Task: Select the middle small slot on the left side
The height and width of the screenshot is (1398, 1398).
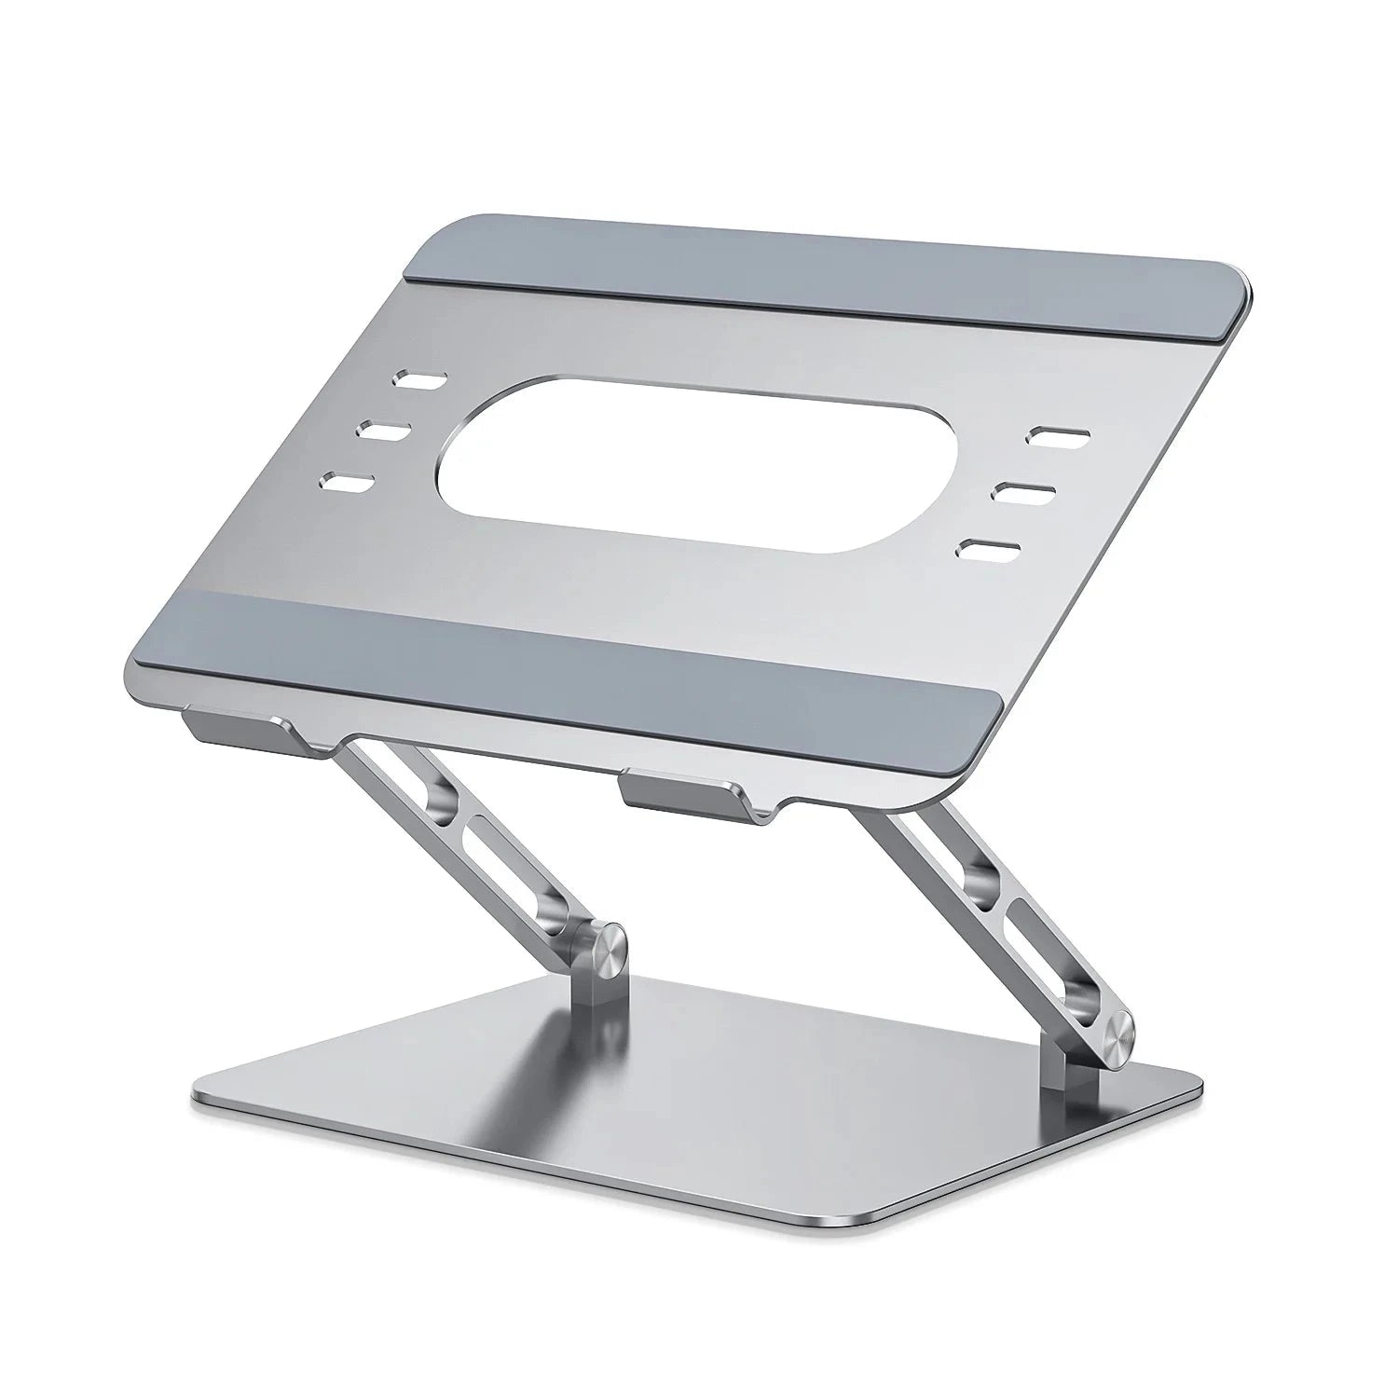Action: tap(384, 432)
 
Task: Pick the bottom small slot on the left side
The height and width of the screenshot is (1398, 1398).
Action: tap(347, 483)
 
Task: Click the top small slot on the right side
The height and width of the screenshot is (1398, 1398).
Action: tap(1058, 435)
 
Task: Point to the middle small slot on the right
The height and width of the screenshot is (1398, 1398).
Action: tap(1023, 491)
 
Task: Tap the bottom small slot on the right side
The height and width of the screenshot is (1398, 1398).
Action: tap(990, 549)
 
